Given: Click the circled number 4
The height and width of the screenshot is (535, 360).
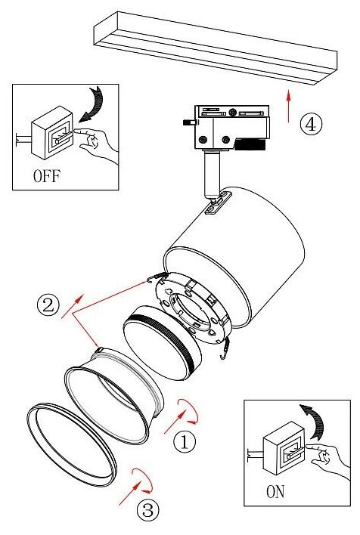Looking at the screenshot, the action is [311, 124].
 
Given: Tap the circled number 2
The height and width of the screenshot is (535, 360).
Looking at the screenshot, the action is [48, 305].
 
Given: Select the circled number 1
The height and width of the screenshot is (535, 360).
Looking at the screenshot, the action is [185, 442].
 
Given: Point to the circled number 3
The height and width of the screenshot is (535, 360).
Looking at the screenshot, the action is [148, 511].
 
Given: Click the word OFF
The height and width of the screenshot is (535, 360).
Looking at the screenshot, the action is [47, 176].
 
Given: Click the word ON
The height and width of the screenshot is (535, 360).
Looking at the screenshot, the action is [275, 492].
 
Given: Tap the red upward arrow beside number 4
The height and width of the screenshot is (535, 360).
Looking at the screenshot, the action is [289, 106].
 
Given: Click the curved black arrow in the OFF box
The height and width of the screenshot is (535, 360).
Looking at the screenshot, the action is [92, 104].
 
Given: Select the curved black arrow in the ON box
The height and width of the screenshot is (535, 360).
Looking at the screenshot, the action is [312, 421].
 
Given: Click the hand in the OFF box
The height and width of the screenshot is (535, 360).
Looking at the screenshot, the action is [95, 143].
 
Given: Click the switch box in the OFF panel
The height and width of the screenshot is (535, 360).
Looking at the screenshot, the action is [52, 133].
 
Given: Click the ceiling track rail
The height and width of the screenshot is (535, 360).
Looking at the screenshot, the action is [216, 48].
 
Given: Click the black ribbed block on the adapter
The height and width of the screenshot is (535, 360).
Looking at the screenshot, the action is [251, 144].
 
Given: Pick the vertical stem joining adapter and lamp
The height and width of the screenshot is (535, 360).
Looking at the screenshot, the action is [212, 176].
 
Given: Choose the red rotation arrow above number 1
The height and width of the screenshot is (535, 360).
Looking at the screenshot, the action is [188, 411].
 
